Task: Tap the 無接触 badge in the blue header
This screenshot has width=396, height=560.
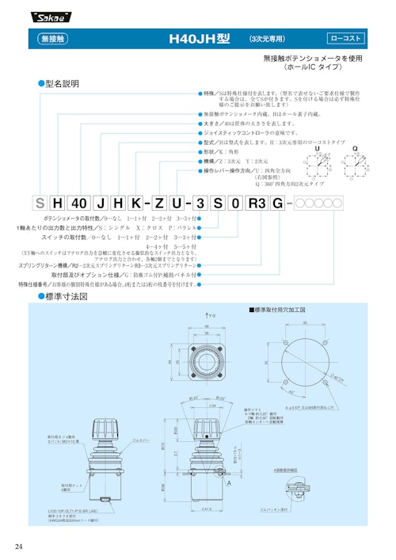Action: (54, 38)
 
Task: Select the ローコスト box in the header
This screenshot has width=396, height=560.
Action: (346, 38)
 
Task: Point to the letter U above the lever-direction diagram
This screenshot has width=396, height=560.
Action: (318, 148)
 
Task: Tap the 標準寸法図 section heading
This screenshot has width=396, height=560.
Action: (67, 296)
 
